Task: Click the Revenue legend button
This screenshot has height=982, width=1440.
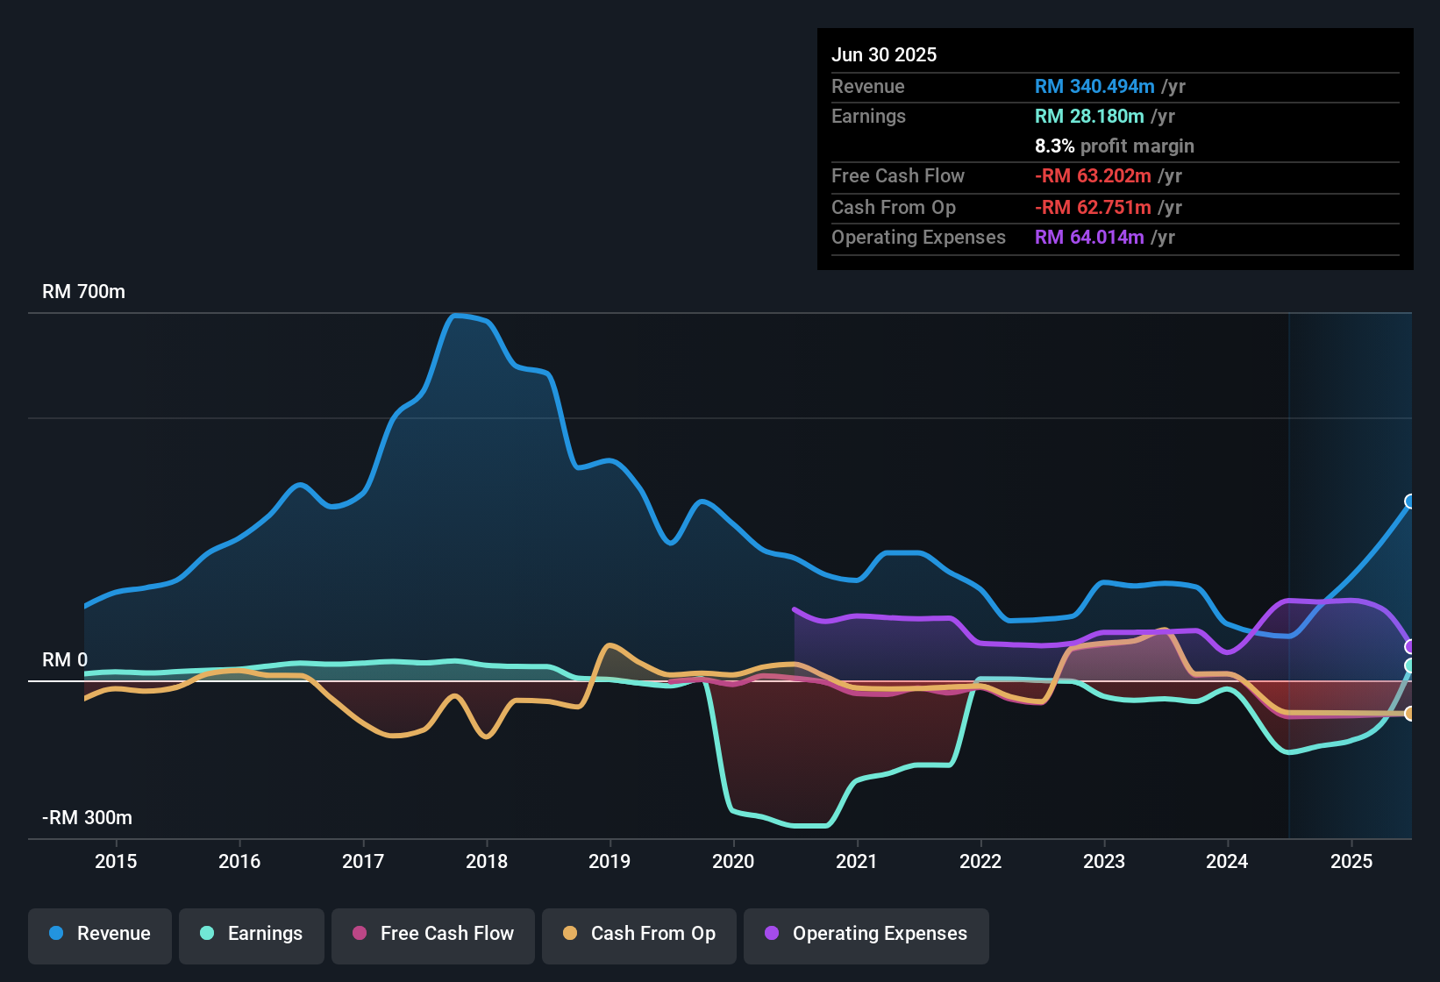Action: tap(100, 935)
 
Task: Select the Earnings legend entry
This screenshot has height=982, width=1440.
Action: tap(252, 935)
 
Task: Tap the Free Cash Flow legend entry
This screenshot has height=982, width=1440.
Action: tap(433, 935)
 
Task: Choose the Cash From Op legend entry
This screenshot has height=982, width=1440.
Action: tap(639, 935)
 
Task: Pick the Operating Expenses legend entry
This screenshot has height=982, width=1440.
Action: tap(866, 935)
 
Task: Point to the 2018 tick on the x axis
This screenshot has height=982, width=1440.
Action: tap(487, 861)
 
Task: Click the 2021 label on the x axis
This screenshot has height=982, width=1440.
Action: tap(857, 861)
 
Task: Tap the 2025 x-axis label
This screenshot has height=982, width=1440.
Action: tap(1351, 861)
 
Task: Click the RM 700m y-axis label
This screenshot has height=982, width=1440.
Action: tap(84, 292)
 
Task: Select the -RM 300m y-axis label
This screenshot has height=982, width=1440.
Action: tap(88, 818)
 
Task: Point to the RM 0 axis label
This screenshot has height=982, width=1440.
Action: tap(65, 660)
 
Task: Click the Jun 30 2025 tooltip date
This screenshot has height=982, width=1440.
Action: tap(884, 55)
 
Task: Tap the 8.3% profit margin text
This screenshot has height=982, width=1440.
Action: tap(1114, 146)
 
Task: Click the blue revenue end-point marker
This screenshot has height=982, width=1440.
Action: tap(1410, 502)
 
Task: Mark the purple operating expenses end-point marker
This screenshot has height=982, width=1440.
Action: tap(1410, 647)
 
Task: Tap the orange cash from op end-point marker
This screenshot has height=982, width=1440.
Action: tap(1410, 714)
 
